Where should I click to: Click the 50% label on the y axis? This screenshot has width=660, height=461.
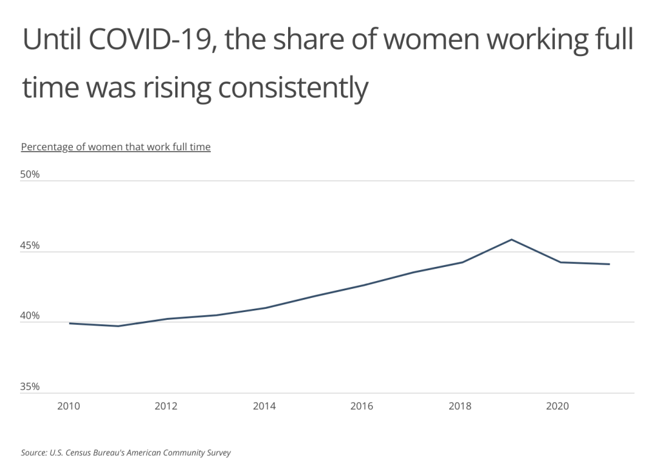click(30, 175)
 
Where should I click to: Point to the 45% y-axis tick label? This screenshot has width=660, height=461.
click(30, 246)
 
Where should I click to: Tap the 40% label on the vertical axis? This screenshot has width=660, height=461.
click(30, 316)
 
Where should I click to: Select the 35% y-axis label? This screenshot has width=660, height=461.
click(30, 387)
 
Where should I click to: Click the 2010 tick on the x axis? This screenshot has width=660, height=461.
click(68, 406)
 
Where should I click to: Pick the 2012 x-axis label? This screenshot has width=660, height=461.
click(166, 406)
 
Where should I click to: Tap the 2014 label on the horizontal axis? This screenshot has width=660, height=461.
click(264, 406)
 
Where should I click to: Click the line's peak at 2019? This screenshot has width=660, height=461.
click(511, 240)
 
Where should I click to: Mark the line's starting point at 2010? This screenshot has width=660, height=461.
click(69, 323)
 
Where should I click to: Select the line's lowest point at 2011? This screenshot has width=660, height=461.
click(118, 326)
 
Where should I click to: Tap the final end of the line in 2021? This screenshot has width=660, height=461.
click(609, 264)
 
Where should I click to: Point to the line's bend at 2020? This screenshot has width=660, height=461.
click(560, 262)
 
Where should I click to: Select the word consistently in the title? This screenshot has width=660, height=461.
click(293, 88)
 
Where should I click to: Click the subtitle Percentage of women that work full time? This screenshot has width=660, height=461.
click(116, 147)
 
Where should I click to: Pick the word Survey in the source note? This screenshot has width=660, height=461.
click(217, 453)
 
